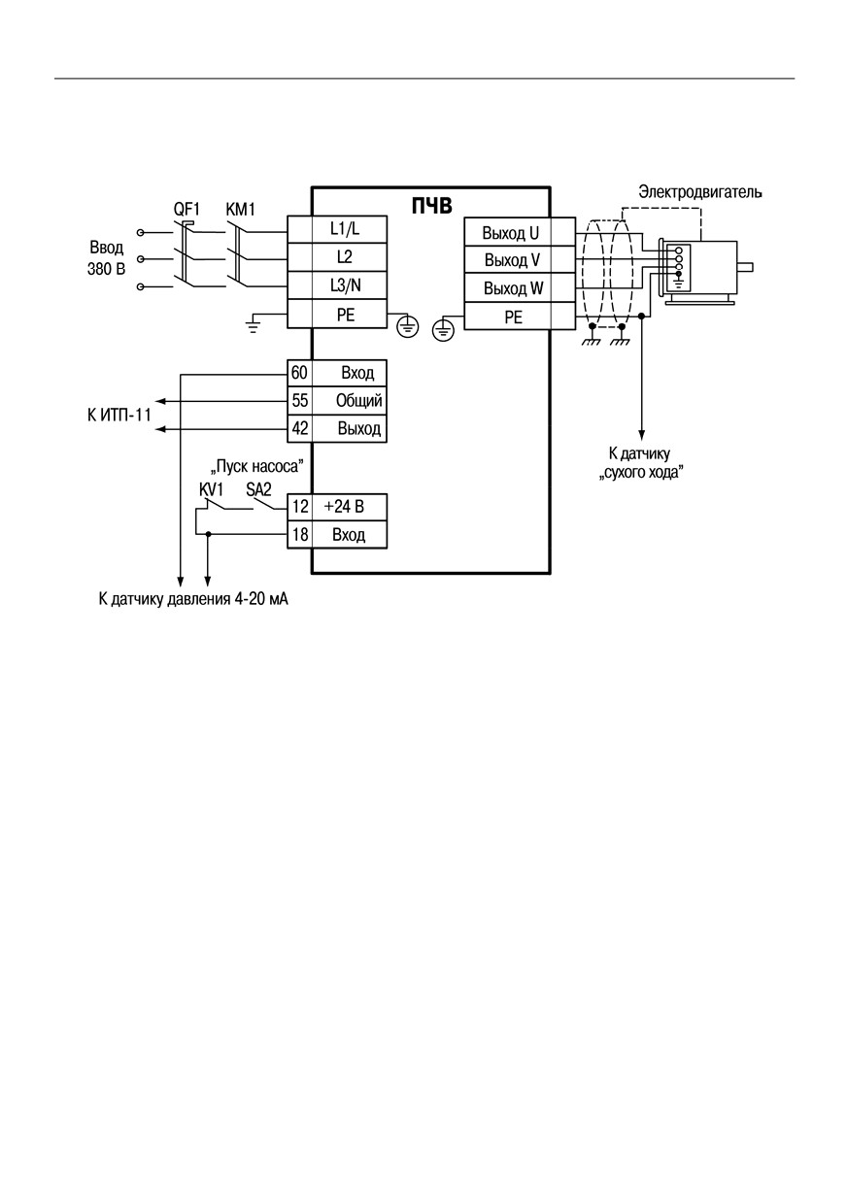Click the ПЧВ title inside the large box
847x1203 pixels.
(x=431, y=206)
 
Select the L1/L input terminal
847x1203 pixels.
(x=337, y=230)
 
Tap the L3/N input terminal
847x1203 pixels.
(x=337, y=285)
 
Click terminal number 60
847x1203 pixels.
(x=299, y=373)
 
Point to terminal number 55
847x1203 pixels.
(x=299, y=401)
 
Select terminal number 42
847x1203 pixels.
(x=299, y=428)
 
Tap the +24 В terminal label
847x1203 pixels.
(x=344, y=507)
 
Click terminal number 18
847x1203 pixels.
(x=299, y=534)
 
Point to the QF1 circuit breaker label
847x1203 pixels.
(x=186, y=210)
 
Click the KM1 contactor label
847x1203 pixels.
(x=240, y=210)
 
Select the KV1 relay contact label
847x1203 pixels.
(x=211, y=489)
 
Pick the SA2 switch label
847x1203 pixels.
(x=258, y=489)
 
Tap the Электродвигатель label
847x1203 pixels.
(x=699, y=191)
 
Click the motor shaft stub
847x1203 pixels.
(x=745, y=267)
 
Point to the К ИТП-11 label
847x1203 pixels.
(x=119, y=416)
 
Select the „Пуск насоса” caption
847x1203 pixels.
(x=256, y=466)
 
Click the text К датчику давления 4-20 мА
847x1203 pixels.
(x=193, y=599)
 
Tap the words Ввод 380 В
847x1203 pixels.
(x=107, y=258)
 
